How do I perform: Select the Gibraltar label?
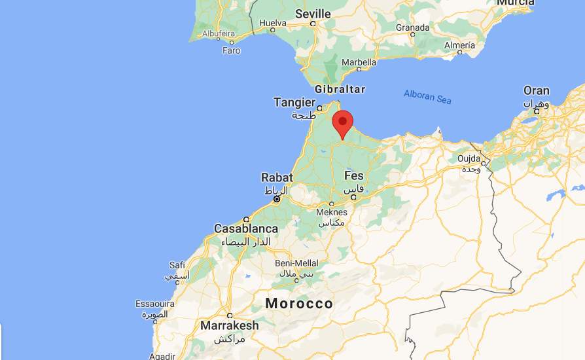pyautogui.click(x=340, y=89)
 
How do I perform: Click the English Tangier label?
pyautogui.click(x=294, y=102)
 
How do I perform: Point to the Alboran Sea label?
pyautogui.click(x=427, y=96)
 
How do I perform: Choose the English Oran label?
pyautogui.click(x=537, y=91)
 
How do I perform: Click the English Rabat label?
pyautogui.click(x=277, y=177)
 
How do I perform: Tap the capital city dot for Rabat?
pyautogui.click(x=277, y=198)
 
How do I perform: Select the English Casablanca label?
pyautogui.click(x=246, y=229)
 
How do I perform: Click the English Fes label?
pyautogui.click(x=353, y=175)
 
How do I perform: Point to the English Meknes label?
pyautogui.click(x=332, y=211)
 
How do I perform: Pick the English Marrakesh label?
pyautogui.click(x=230, y=325)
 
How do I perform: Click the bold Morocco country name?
pyautogui.click(x=299, y=304)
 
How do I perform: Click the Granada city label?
pyautogui.click(x=413, y=27)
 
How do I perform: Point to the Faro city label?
pyautogui.click(x=232, y=50)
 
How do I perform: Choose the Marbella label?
pyautogui.click(x=359, y=63)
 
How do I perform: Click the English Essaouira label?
pyautogui.click(x=154, y=304)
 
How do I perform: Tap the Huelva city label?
pyautogui.click(x=273, y=23)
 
